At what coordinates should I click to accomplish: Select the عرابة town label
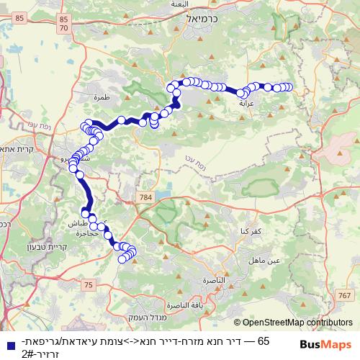(246, 103)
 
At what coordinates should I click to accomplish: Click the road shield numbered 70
(65, 27)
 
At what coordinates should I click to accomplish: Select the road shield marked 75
(88, 285)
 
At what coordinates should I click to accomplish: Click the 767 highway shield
(345, 295)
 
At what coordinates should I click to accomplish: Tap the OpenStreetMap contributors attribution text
(293, 323)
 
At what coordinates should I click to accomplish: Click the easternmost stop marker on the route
(289, 87)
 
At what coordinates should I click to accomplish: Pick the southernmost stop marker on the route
(123, 259)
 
